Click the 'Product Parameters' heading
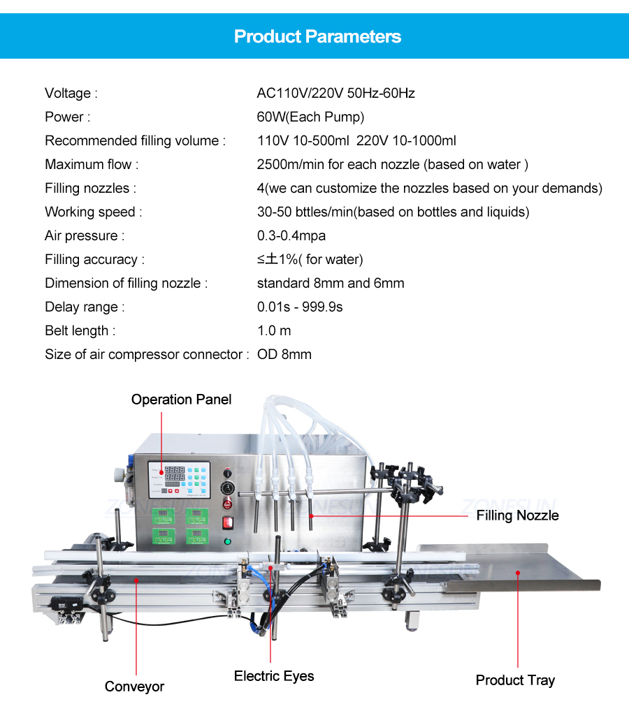[x=317, y=36]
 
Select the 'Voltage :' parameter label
[x=71, y=93]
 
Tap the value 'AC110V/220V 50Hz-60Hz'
[x=336, y=93]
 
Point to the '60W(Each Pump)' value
[x=310, y=117]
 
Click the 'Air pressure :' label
[x=85, y=235]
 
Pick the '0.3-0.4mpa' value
[x=291, y=235]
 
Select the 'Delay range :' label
[x=85, y=307]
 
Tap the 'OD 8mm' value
[x=284, y=354]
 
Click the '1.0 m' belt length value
[x=274, y=330]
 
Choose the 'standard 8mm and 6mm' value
[x=331, y=283]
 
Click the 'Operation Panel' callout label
[x=181, y=400]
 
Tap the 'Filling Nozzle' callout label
[x=518, y=515]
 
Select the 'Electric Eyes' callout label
[x=274, y=675]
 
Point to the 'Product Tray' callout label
[x=515, y=680]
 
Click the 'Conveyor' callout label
[x=134, y=687]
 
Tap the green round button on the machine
[x=227, y=541]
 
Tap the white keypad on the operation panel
[x=196, y=477]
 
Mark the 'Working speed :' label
[x=94, y=212]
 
